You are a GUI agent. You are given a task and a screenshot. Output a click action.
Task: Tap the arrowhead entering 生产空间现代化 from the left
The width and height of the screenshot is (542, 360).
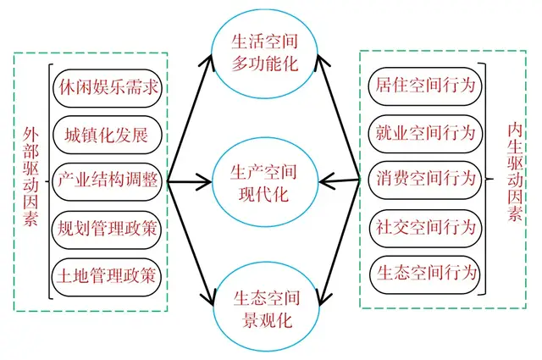point(203,180)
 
